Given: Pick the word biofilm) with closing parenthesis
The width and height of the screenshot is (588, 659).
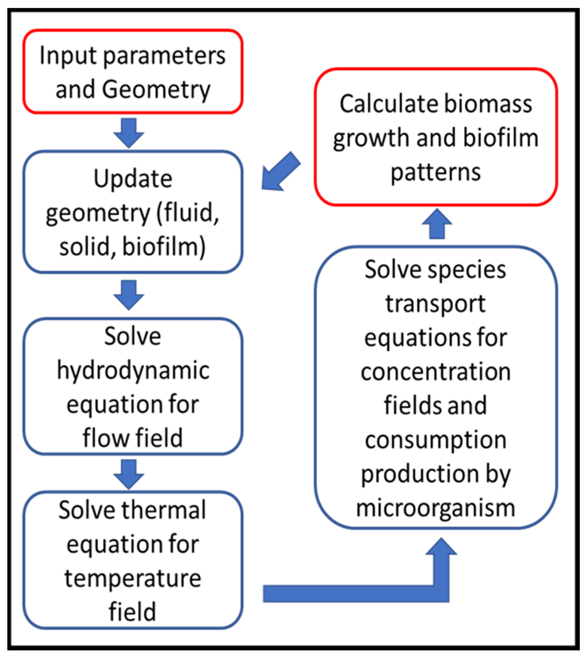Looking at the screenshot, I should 164,247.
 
